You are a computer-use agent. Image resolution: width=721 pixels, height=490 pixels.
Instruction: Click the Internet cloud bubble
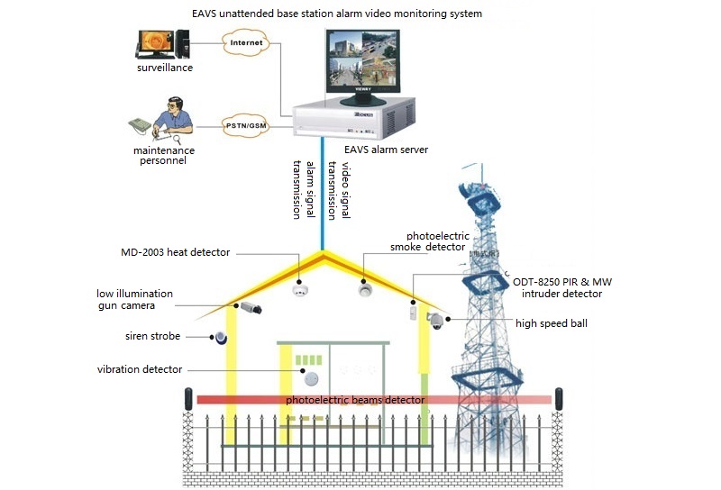247,42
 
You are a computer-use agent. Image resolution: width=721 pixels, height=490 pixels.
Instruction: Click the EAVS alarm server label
386,150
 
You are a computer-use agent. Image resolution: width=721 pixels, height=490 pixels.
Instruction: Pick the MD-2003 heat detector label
177,252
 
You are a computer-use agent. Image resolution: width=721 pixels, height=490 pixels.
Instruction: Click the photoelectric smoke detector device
365,289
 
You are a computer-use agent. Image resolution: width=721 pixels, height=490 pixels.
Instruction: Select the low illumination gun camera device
250,308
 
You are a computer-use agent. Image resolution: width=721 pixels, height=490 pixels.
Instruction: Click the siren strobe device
219,337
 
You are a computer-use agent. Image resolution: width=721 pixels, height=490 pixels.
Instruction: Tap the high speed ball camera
436,320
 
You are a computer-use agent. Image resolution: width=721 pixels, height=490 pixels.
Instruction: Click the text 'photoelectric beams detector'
356,399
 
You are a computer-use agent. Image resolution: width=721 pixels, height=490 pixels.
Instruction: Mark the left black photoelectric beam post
189,398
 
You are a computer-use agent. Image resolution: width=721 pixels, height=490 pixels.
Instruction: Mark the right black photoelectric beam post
560,398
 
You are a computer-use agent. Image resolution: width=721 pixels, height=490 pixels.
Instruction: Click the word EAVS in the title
206,14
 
